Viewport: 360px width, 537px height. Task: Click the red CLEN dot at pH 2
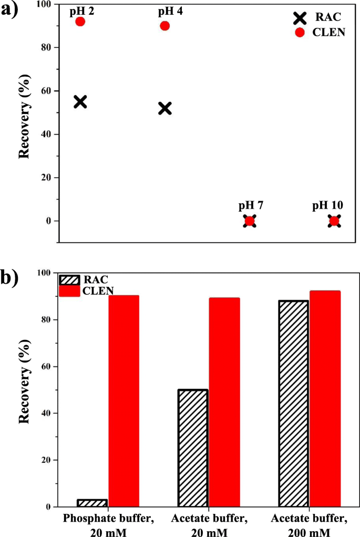tap(80, 22)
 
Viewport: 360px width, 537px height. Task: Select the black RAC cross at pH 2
tap(80, 102)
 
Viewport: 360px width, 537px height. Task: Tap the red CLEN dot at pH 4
tap(164, 26)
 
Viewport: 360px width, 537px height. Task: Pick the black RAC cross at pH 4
tap(164, 108)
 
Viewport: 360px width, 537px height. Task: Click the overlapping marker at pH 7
tap(250, 221)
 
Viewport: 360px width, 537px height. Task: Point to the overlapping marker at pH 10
tap(334, 221)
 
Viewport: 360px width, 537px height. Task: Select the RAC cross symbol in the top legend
tap(300, 18)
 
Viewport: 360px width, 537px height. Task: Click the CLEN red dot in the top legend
tap(300, 33)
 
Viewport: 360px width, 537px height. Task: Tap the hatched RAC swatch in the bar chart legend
tap(69, 280)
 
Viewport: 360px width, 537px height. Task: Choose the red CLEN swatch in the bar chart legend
tap(69, 291)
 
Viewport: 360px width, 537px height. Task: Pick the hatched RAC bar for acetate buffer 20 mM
tap(192, 448)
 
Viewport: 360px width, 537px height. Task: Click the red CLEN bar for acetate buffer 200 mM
tap(325, 399)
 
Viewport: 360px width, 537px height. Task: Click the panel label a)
tap(10, 9)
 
